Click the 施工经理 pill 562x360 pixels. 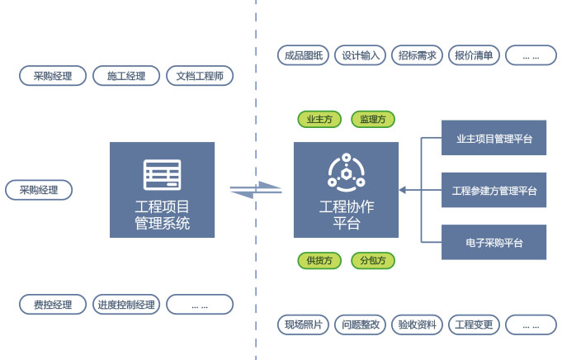[x=125, y=77]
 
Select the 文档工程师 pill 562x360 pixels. [x=200, y=77]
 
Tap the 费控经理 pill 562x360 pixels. [x=53, y=305]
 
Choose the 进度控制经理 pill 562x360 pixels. [x=125, y=305]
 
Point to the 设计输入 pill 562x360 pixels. [x=360, y=56]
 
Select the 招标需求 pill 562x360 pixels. [x=417, y=56]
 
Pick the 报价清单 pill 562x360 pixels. [x=474, y=56]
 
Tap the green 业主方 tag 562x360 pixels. [x=319, y=120]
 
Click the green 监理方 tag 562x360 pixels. [x=373, y=120]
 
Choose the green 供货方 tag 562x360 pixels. [x=319, y=261]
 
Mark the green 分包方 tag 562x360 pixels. [x=373, y=261]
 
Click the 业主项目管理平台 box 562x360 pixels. [x=494, y=139]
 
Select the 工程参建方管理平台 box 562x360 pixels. [x=494, y=191]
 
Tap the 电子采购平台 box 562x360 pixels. [x=494, y=243]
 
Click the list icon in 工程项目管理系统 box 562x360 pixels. [x=162, y=174]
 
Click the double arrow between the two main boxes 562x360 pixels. [x=255, y=190]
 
